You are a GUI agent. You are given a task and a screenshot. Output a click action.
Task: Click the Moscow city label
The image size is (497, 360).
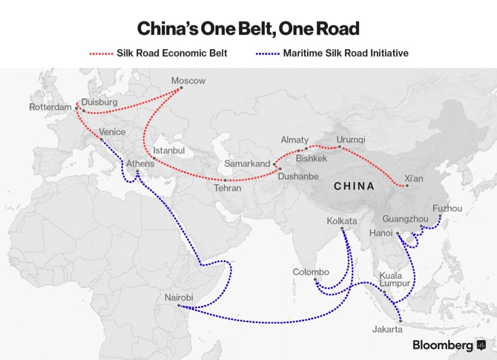point(188,81)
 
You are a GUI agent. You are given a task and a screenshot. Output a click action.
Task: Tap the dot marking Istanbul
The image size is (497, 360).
point(154,158)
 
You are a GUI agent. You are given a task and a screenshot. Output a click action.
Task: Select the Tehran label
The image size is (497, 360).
point(228,188)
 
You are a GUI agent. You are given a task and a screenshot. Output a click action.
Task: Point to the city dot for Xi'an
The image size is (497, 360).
point(407,186)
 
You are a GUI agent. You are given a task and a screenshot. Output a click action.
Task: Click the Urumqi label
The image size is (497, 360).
point(351,140)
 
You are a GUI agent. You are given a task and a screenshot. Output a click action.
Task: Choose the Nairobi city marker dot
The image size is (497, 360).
point(179,306)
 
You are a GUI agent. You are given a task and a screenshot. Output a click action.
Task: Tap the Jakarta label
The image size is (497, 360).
point(387,330)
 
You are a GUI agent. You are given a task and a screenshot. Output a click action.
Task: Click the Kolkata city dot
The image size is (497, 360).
point(342,229)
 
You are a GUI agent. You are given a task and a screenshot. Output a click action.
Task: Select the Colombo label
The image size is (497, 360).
point(311,272)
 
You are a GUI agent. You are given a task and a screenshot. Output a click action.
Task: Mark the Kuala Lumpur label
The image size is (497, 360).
point(395,279)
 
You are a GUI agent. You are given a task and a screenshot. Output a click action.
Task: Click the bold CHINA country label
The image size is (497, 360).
point(354,186)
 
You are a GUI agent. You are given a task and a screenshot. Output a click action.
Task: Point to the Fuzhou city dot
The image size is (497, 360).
point(440,216)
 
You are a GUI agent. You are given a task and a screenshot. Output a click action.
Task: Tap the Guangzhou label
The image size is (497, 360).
point(405,218)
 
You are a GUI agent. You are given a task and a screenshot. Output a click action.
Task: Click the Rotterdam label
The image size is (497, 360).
point(50,107)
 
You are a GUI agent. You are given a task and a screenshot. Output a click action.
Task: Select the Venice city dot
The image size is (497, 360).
point(102,140)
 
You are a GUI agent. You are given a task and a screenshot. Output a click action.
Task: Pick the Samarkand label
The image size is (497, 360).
point(247,163)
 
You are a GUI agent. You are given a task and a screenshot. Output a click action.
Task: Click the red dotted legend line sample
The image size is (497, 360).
point(101,53)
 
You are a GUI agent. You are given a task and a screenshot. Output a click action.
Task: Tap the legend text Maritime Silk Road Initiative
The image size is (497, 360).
point(346,53)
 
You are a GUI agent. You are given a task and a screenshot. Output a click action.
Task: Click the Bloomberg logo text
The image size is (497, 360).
point(443,344)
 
